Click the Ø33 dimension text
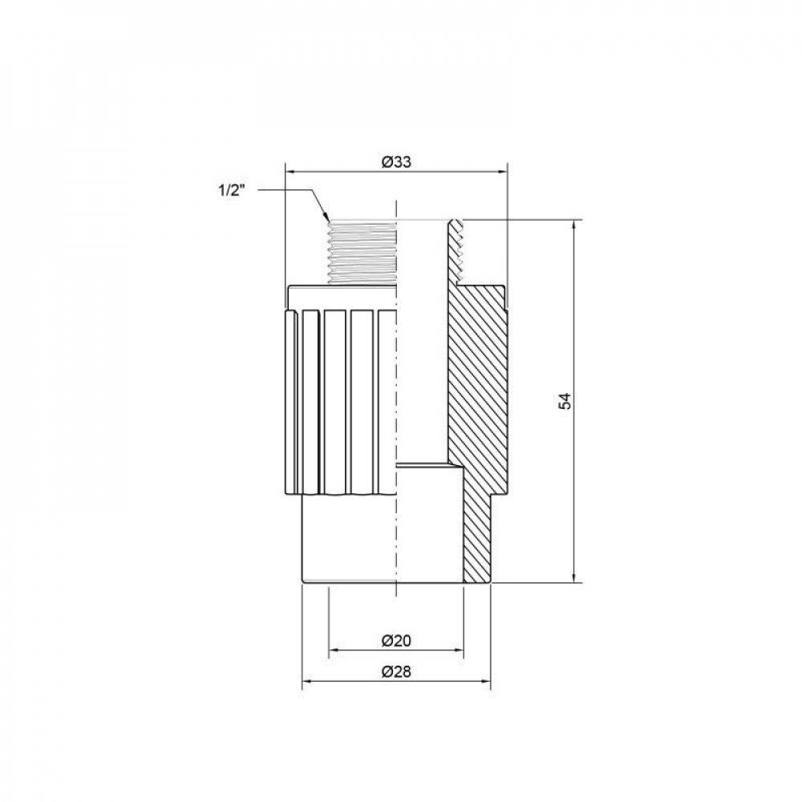pos(396,161)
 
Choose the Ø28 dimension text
pos(396,672)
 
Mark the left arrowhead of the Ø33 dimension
pos(291,171)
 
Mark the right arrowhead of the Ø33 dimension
pos(502,171)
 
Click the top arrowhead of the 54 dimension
pos(574,225)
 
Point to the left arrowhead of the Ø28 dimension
pos(306,683)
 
